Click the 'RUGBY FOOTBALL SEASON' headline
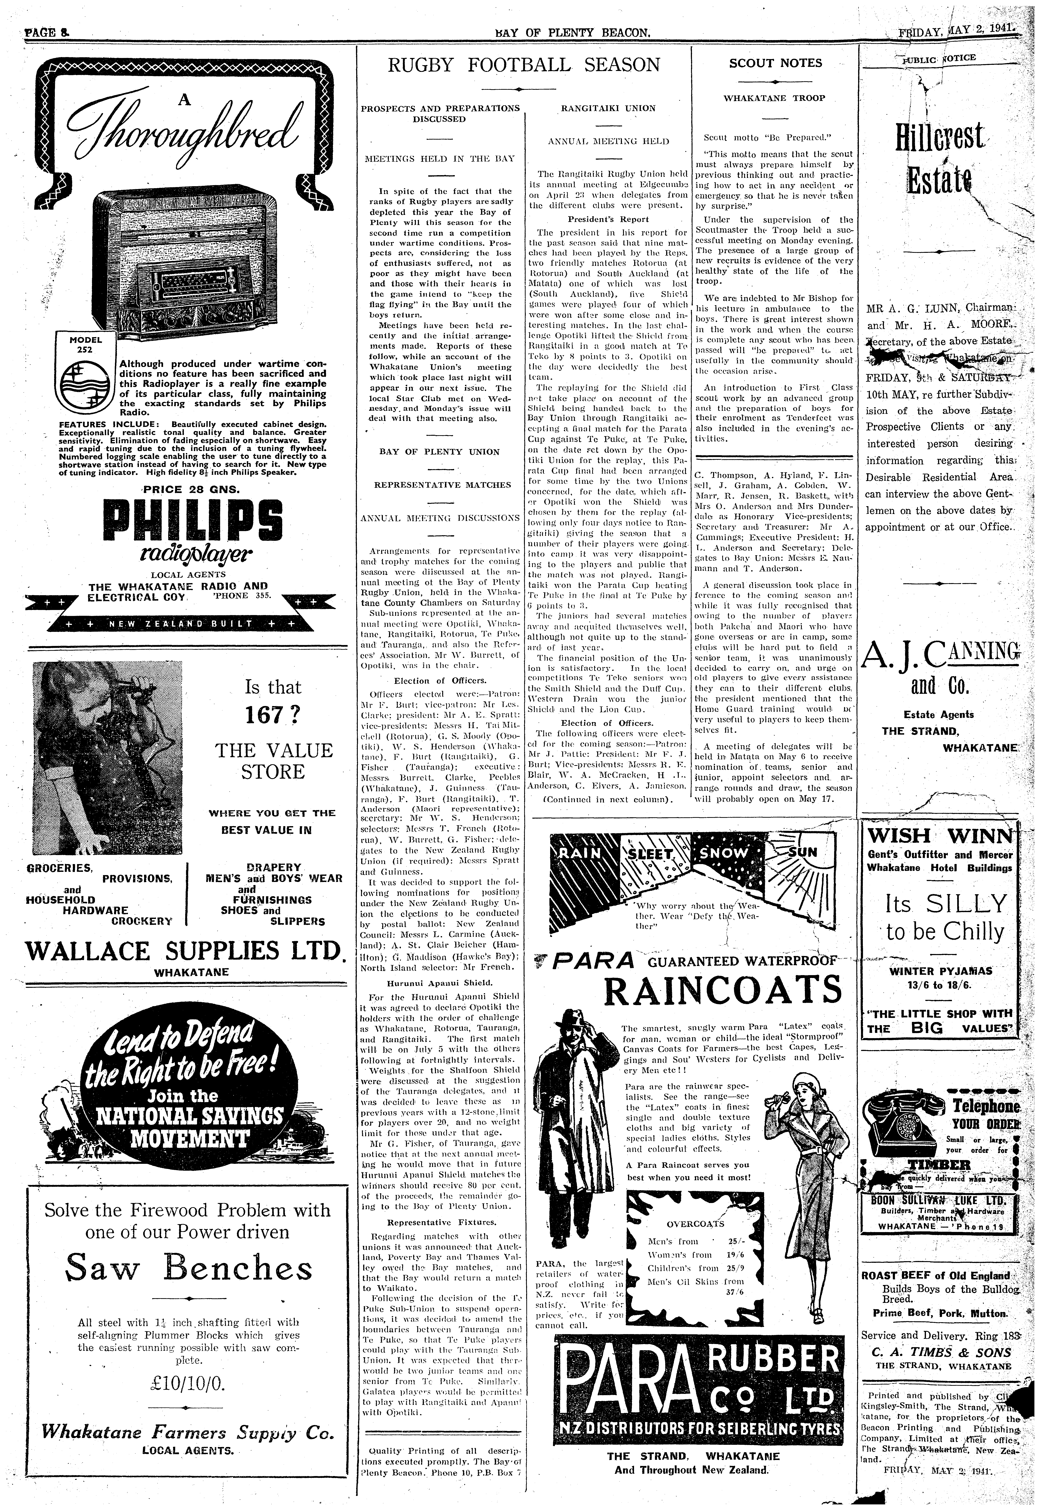tap(524, 65)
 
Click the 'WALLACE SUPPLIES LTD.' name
tap(182, 949)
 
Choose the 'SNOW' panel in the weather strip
tap(725, 853)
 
